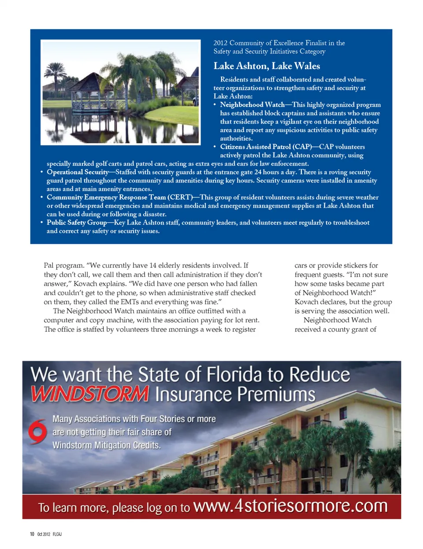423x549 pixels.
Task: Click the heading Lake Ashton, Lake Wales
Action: (x=267, y=66)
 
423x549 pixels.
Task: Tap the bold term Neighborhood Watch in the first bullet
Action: (x=252, y=105)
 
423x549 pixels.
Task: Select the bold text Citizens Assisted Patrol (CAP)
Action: (x=256, y=146)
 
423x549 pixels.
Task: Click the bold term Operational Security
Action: (x=78, y=172)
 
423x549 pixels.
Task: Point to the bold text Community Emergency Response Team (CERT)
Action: (x=119, y=197)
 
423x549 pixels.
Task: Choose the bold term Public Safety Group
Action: (x=77, y=222)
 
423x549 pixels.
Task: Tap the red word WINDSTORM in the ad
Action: (x=90, y=393)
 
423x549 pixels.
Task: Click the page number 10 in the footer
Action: (x=32, y=534)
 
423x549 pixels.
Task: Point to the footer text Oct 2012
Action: (x=44, y=534)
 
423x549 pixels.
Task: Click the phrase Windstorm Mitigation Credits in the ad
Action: (x=106, y=445)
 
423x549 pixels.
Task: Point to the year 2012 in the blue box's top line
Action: (x=220, y=43)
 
